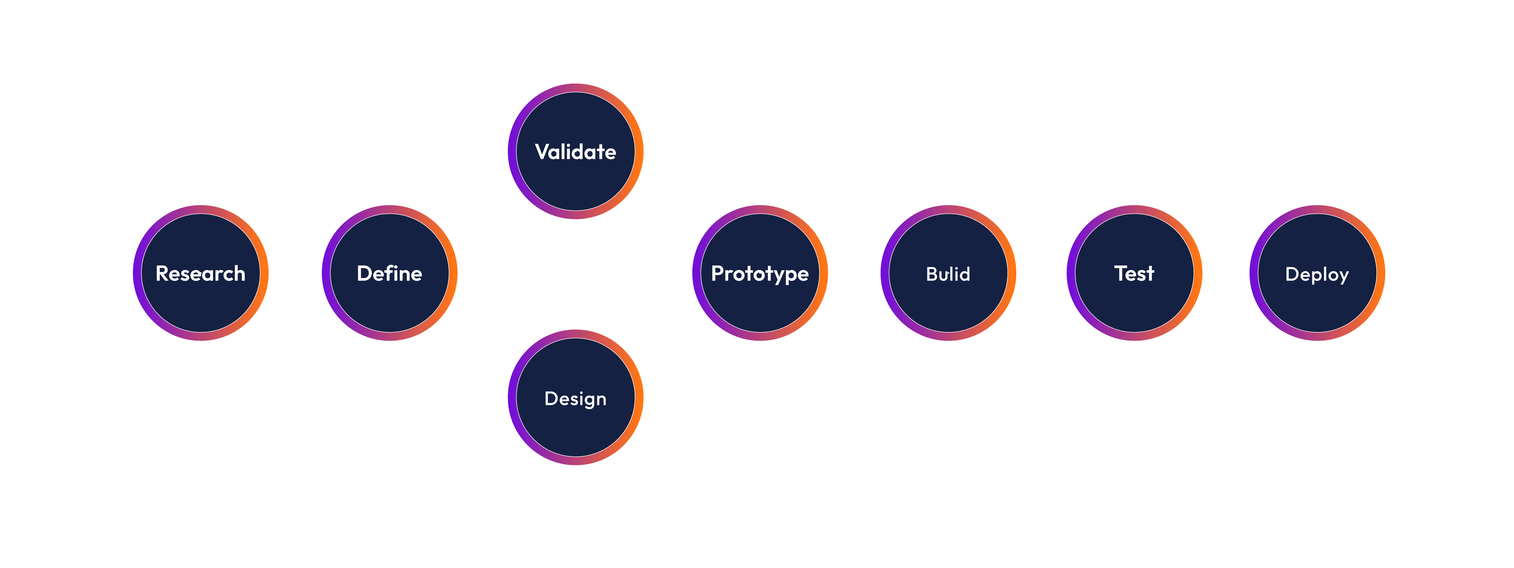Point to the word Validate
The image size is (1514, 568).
click(x=575, y=152)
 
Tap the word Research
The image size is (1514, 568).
click(x=200, y=273)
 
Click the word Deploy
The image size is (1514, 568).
click(x=1317, y=274)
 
